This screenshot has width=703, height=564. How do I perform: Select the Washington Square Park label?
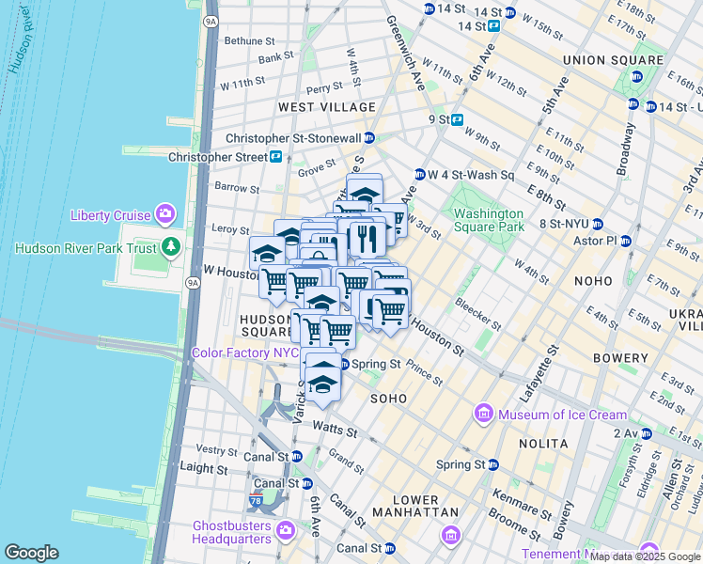[489, 219]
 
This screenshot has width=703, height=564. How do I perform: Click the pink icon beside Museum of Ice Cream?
[484, 415]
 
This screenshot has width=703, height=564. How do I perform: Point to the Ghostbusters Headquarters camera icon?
[286, 532]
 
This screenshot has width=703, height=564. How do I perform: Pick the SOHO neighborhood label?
[388, 399]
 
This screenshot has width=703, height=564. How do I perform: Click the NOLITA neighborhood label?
[544, 443]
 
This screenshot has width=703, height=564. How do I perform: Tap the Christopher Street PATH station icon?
[276, 157]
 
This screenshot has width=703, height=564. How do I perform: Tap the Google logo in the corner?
[32, 553]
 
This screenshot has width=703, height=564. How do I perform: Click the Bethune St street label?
[249, 41]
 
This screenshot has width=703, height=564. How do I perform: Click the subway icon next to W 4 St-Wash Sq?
[419, 175]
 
